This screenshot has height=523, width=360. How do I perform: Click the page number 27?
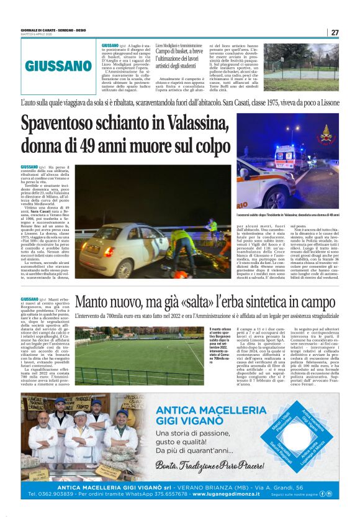[x=335, y=32]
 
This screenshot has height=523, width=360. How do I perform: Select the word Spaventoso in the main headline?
[x=74, y=124]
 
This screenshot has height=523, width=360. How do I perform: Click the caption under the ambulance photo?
[x=287, y=215]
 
